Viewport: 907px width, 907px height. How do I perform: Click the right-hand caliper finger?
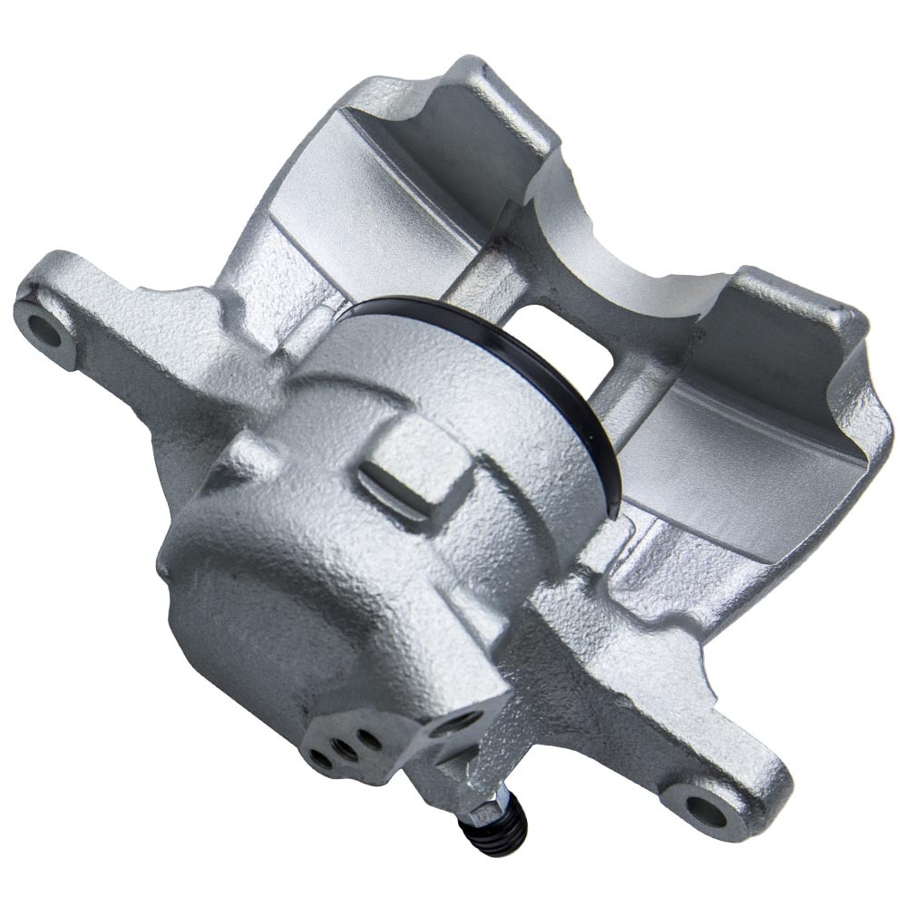[x=771, y=399]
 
